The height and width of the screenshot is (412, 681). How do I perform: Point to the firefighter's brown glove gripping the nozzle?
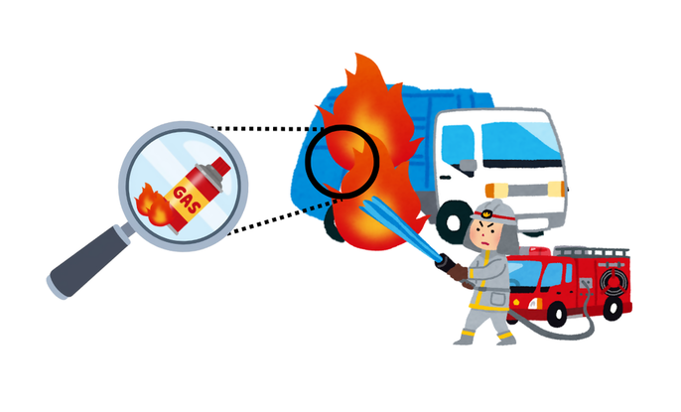click(x=456, y=268)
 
